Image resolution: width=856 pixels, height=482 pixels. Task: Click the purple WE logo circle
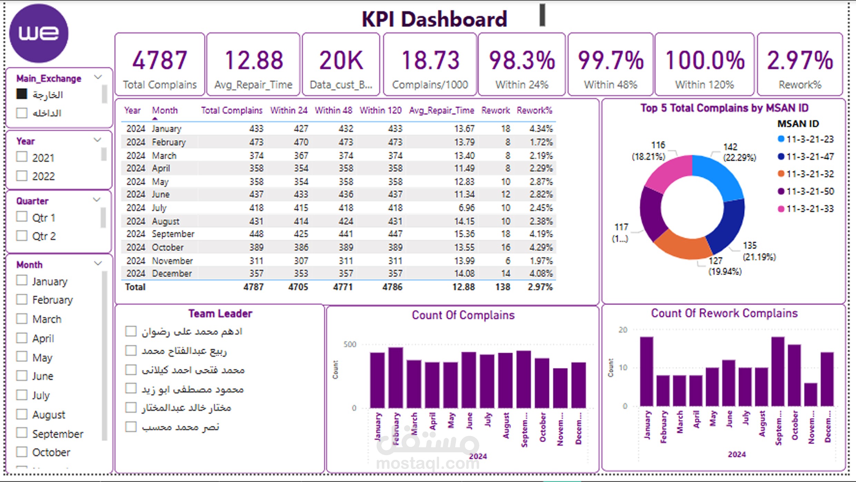(x=39, y=33)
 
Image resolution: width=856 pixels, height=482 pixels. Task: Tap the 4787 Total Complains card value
(x=160, y=60)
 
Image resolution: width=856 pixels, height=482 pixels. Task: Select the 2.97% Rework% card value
(x=800, y=60)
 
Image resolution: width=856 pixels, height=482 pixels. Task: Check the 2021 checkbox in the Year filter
(x=22, y=157)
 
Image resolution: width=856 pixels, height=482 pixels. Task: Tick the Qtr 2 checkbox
(x=22, y=236)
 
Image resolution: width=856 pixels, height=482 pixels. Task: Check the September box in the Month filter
(x=22, y=433)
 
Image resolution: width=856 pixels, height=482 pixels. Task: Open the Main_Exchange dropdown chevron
(x=98, y=77)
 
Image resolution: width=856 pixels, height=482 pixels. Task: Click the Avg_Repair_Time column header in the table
(x=441, y=110)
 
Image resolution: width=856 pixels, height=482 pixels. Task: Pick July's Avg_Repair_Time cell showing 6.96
(x=466, y=208)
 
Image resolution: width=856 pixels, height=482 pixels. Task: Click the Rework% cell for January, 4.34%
(x=541, y=129)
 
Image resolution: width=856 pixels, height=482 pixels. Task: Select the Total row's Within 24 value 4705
(x=298, y=287)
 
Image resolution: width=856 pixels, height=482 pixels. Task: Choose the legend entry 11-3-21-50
(x=810, y=191)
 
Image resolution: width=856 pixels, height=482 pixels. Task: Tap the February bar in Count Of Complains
(x=396, y=378)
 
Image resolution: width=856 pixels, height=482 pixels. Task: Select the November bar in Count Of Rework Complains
(x=810, y=394)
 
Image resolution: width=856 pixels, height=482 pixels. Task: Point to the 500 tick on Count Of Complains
(x=350, y=344)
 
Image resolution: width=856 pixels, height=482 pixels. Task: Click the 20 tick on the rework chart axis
(x=623, y=330)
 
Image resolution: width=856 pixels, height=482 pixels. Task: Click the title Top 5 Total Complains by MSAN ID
(x=724, y=108)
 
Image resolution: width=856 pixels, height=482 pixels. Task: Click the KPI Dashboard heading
(x=434, y=19)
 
